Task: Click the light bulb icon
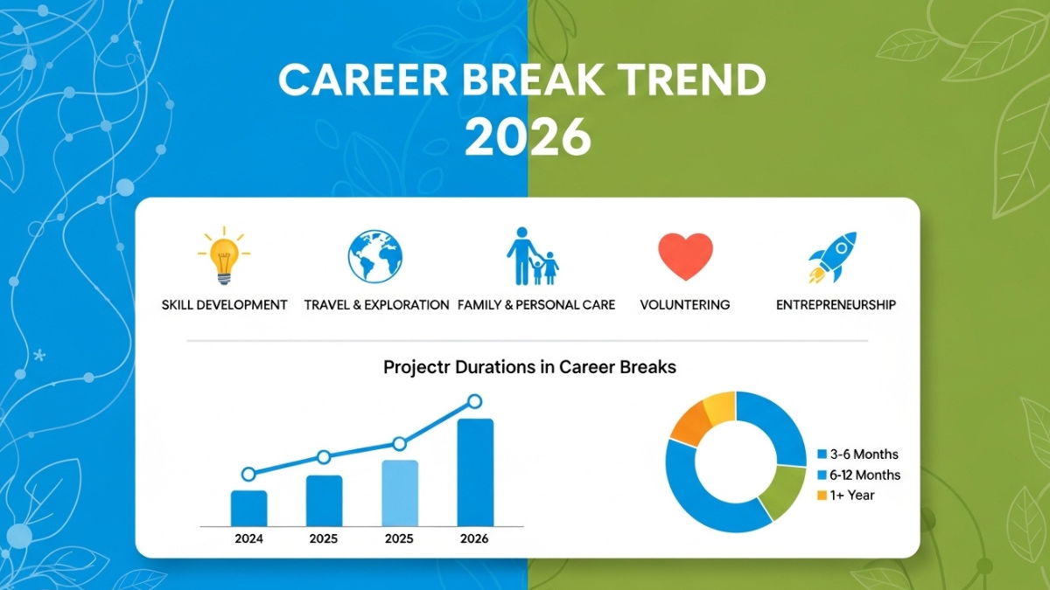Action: click(x=224, y=256)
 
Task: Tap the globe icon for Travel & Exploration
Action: click(x=374, y=256)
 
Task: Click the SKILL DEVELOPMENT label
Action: click(x=225, y=305)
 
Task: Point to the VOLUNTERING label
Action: click(x=685, y=305)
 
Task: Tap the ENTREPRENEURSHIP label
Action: click(x=836, y=305)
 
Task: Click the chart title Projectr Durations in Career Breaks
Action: click(x=529, y=367)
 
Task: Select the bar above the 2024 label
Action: click(x=248, y=508)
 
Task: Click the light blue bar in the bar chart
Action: click(x=400, y=493)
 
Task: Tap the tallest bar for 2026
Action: click(x=475, y=472)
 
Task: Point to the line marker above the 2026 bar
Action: click(x=474, y=401)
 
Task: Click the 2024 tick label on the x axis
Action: click(x=248, y=539)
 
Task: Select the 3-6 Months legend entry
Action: click(x=857, y=455)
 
